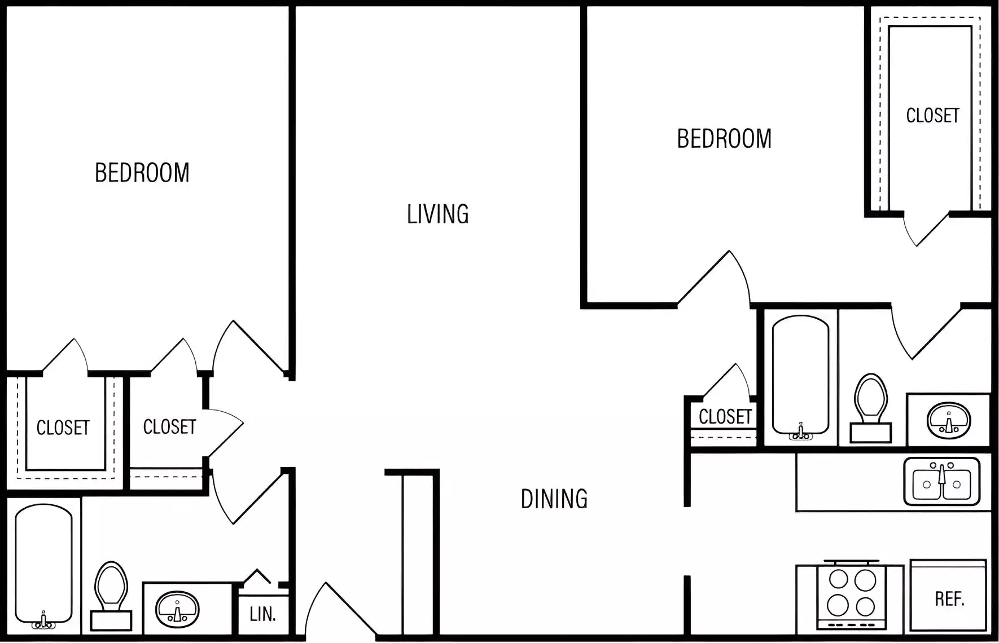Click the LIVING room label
tap(437, 214)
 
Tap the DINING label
tap(554, 499)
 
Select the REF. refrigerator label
tap(949, 599)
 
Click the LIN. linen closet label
tap(262, 614)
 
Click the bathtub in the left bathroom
tap(43, 564)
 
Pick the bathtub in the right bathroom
tap(800, 375)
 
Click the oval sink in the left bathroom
tap(177, 609)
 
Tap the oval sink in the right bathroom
tap(948, 421)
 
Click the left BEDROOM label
tap(142, 173)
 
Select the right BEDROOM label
tap(724, 139)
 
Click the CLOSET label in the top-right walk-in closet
tap(932, 116)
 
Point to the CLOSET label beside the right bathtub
tap(725, 417)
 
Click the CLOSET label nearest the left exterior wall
tap(63, 428)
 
